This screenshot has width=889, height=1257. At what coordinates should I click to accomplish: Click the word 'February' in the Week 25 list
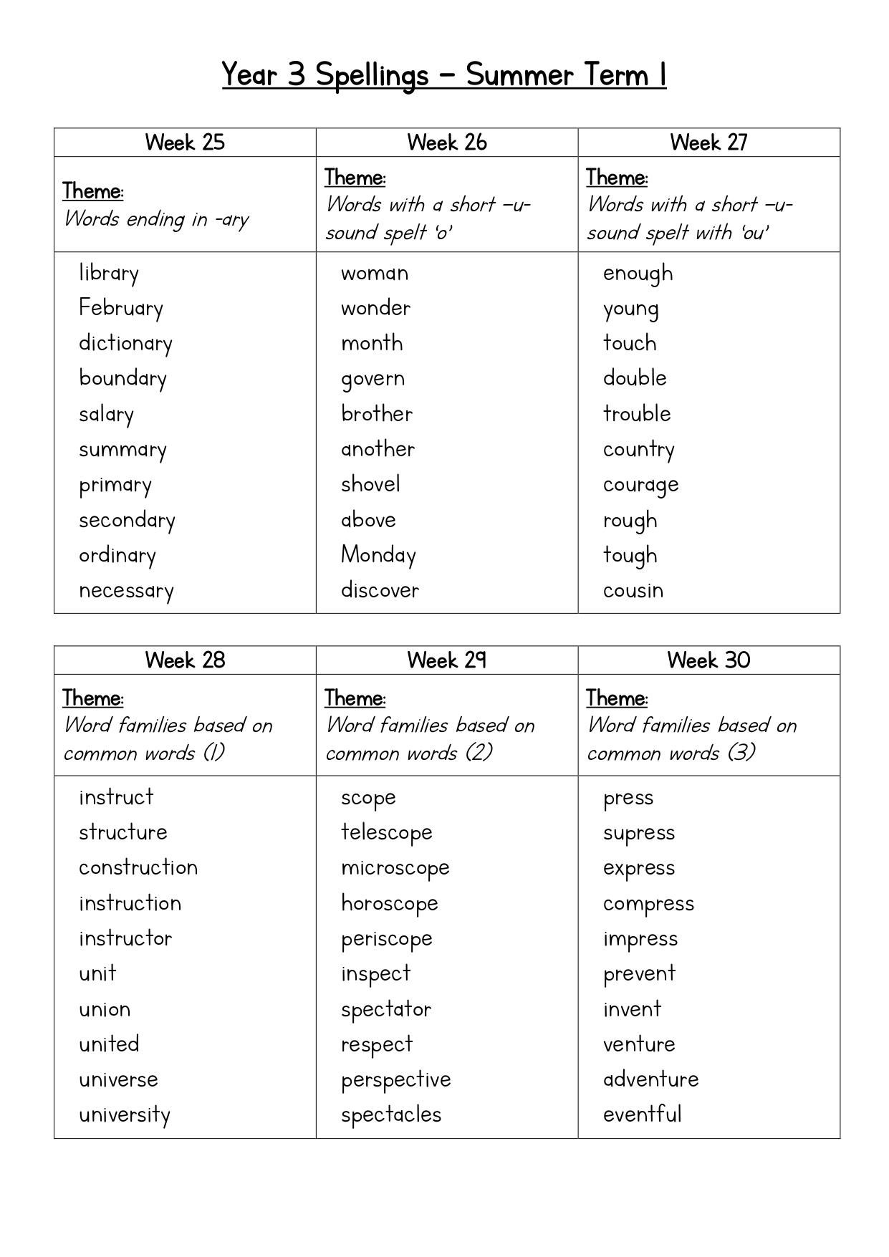[121, 308]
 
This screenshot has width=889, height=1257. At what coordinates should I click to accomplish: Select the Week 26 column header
[446, 143]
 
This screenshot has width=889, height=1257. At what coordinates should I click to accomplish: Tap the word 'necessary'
[126, 591]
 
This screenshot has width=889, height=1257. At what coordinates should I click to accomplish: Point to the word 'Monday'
[378, 555]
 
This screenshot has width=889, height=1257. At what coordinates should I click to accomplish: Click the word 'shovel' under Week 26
[370, 484]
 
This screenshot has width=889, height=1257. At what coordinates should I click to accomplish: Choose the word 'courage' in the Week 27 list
[640, 485]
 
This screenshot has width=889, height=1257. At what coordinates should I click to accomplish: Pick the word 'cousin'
[633, 590]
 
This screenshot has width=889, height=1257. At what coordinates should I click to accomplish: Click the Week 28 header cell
[185, 660]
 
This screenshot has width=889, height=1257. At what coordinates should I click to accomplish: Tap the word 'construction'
[138, 867]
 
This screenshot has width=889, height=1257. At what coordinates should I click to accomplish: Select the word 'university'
[125, 1115]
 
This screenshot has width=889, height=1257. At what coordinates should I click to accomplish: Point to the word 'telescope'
[387, 832]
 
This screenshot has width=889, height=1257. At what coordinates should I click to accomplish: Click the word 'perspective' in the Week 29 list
[396, 1080]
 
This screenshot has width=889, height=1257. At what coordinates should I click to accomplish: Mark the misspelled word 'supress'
[639, 833]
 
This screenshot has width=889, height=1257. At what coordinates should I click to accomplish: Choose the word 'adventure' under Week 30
[650, 1079]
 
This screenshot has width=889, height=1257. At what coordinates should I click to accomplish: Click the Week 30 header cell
[708, 660]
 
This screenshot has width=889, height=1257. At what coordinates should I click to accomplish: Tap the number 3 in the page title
[297, 74]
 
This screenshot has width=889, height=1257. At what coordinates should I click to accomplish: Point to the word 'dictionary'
[125, 343]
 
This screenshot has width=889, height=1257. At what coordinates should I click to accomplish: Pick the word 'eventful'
[642, 1114]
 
